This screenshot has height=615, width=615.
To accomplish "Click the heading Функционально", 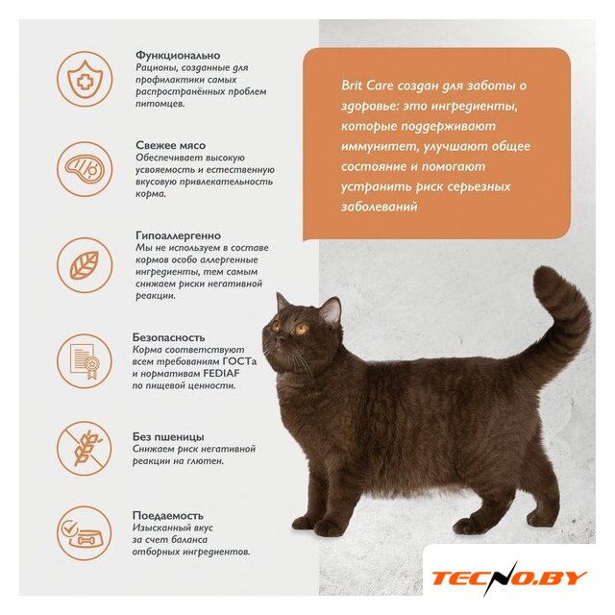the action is tap(178, 56).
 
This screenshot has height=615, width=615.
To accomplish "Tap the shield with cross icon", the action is tap(85, 79).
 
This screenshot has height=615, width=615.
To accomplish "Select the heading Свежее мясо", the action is tap(171, 145).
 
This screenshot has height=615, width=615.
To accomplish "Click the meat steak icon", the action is tap(85, 169).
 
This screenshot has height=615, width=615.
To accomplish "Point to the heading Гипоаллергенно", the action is tap(178, 235).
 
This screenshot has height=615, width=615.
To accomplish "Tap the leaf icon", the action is tap(85, 265).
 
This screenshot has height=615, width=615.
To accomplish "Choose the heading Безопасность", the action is tap(169, 337).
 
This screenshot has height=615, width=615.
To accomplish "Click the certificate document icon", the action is tap(85, 361).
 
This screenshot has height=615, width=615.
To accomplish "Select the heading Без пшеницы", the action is tap(168, 436).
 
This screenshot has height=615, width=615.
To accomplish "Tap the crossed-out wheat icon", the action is tap(85, 449).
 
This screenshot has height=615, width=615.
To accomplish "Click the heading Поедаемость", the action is tap(168, 515).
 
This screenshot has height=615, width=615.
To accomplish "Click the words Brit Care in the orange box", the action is tap(367, 86).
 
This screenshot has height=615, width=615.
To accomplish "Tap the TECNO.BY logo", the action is tap(509, 578).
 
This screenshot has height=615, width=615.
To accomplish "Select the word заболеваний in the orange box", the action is tap(379, 207).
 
